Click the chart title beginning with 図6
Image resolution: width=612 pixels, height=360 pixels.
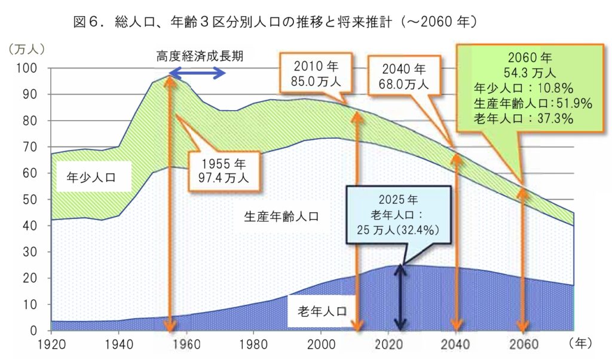tap(274, 23)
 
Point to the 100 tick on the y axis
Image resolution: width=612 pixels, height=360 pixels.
tap(30, 68)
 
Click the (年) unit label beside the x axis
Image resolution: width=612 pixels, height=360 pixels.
tap(580, 343)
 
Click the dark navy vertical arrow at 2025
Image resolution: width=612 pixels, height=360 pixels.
tap(400, 296)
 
